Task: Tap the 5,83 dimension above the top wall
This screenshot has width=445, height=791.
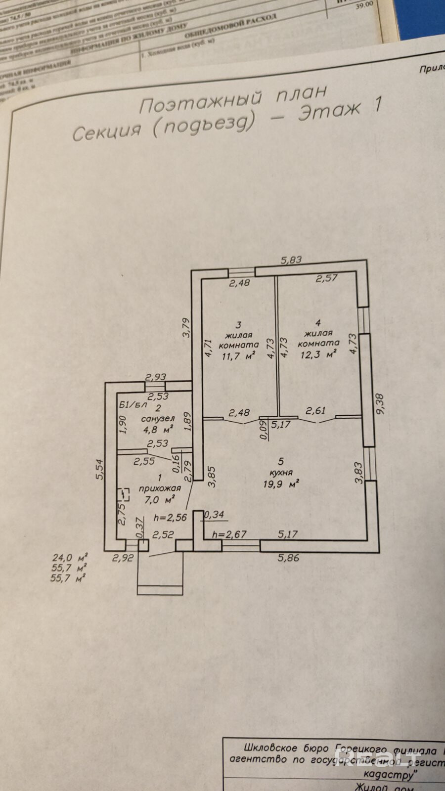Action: (291, 260)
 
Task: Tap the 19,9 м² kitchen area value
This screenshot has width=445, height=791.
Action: (281, 484)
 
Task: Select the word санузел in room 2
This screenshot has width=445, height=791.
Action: (158, 418)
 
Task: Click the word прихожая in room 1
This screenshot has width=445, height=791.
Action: (159, 488)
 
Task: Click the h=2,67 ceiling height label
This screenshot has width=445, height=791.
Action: (229, 534)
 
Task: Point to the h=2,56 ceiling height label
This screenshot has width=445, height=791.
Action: (170, 518)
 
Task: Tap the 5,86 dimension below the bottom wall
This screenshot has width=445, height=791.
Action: (289, 558)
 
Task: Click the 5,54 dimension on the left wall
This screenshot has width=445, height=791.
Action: (100, 469)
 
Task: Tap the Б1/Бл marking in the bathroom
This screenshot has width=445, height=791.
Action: (133, 405)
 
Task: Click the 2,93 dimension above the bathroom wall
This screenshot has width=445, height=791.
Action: (155, 377)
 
